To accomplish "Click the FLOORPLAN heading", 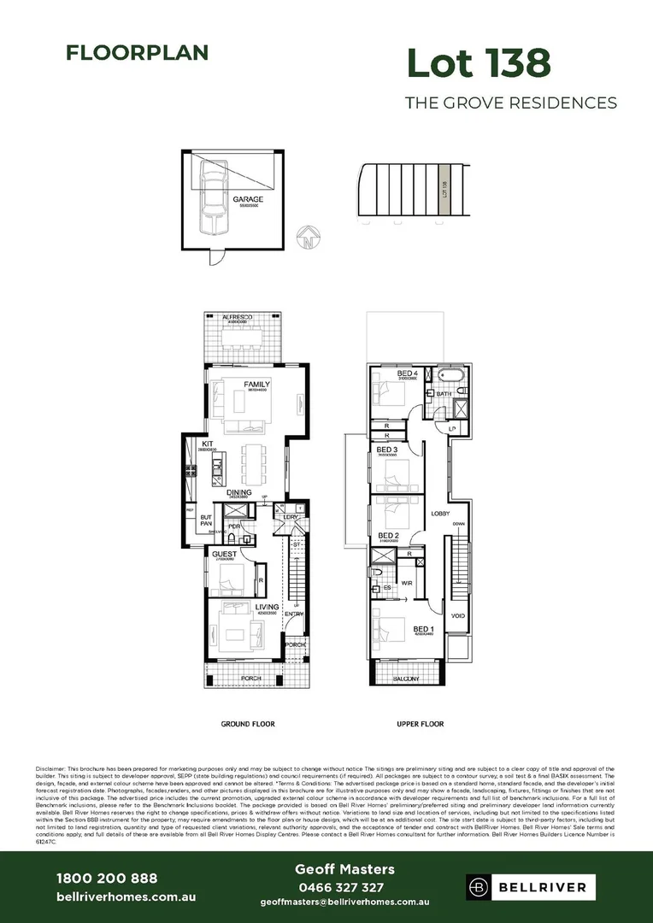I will click(x=137, y=53).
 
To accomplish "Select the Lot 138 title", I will click(x=478, y=63).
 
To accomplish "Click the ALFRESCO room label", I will click(x=242, y=317).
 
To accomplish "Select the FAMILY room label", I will click(x=256, y=385).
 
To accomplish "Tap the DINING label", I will click(x=238, y=492).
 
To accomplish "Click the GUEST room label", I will click(x=224, y=554).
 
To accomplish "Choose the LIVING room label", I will click(x=268, y=608).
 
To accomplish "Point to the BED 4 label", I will click(x=408, y=373).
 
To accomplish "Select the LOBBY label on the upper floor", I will click(x=440, y=513).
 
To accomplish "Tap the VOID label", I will click(x=458, y=615).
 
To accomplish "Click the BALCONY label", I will click(x=407, y=679).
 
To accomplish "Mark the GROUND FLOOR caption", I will click(x=248, y=724).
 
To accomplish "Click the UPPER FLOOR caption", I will click(x=421, y=724).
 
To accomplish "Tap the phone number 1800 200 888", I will click(x=107, y=879).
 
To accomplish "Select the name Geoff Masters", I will click(x=344, y=869).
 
